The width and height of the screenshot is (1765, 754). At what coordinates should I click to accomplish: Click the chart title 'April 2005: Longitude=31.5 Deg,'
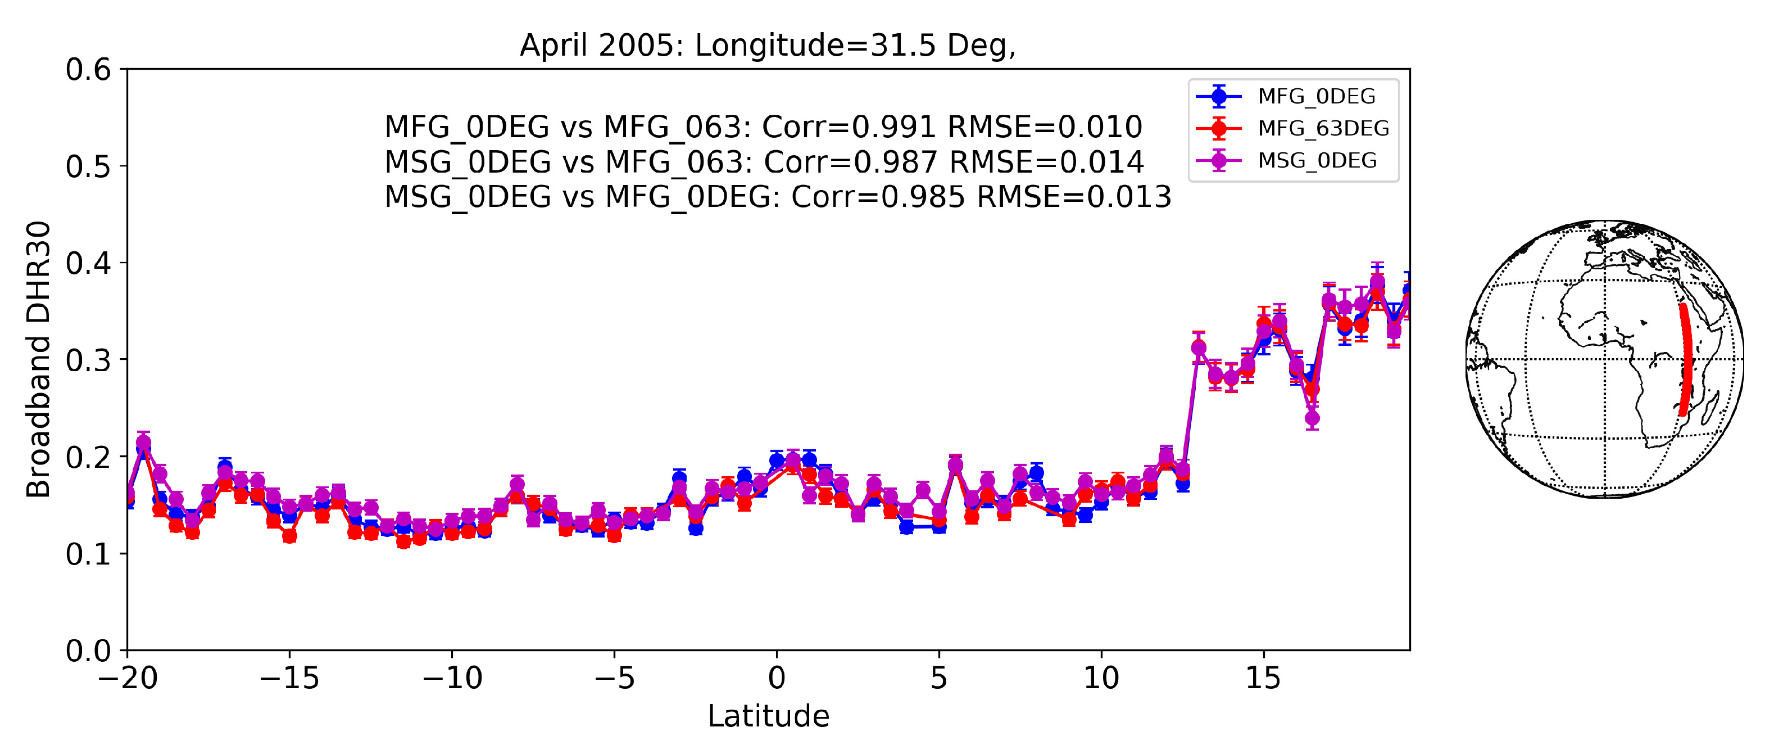(x=768, y=46)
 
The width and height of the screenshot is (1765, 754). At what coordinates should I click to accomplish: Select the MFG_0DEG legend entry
(x=1315, y=97)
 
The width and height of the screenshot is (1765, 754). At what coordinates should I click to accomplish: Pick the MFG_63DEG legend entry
(x=1322, y=128)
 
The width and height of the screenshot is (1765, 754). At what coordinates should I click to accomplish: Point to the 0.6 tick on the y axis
(x=88, y=69)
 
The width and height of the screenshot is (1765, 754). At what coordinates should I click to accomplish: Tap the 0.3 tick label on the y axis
(x=88, y=360)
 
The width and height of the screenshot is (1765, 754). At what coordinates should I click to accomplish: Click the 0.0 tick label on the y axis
(x=88, y=651)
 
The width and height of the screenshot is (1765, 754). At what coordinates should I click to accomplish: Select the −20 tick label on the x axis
(x=128, y=678)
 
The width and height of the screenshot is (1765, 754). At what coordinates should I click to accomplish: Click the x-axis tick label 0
(x=777, y=678)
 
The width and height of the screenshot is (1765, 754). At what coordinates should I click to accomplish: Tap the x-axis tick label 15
(x=1263, y=678)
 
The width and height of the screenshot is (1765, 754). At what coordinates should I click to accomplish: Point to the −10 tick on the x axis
(x=452, y=678)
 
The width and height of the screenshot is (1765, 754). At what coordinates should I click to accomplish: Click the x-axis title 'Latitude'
(x=768, y=716)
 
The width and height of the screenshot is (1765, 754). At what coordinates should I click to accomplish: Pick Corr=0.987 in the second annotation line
(x=850, y=162)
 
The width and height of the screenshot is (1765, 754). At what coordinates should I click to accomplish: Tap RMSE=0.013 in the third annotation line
(x=1074, y=197)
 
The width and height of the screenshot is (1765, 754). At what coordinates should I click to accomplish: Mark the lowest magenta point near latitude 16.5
(x=1312, y=418)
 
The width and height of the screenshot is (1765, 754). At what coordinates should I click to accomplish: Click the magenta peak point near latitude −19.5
(x=143, y=443)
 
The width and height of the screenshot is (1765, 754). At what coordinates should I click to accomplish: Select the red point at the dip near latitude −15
(x=289, y=535)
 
